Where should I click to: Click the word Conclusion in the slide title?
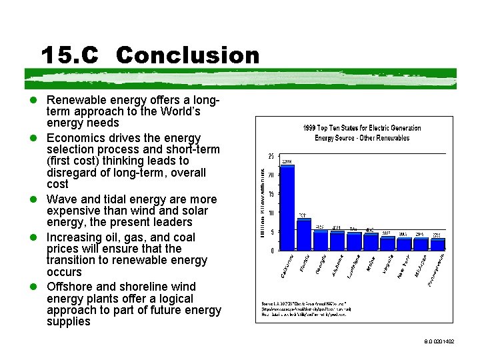pos(187,55)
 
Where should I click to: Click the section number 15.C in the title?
pos(69,55)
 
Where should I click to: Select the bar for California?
pos(287,207)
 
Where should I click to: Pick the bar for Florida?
pos(304,234)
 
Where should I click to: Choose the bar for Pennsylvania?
pos(438,244)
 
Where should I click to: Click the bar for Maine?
pos(371,241)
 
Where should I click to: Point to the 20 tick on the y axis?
pos(271,175)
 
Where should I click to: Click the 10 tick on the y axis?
pos(271,213)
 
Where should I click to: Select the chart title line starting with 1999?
pos(362,127)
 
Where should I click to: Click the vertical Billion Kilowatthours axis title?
pos(263,203)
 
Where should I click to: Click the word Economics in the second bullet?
pos(75,137)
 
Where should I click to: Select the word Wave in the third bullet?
pos(61,199)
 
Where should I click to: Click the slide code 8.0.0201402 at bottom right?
pos(438,341)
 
